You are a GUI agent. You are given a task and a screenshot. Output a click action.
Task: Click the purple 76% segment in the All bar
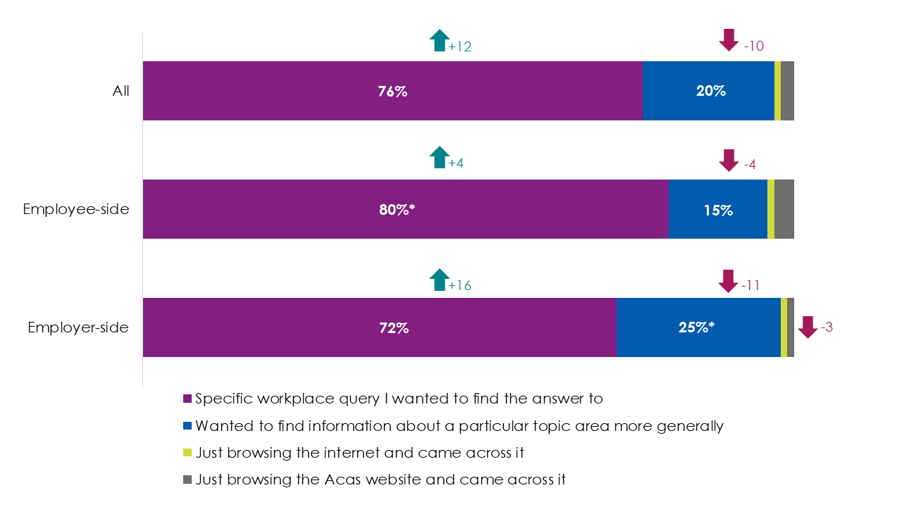click(x=392, y=91)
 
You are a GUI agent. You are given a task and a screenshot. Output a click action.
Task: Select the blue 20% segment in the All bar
click(x=708, y=91)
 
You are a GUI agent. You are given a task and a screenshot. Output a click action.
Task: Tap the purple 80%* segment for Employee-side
click(x=405, y=209)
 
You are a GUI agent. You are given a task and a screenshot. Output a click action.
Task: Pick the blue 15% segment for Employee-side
click(x=717, y=209)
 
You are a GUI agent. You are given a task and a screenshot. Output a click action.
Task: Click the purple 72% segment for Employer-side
click(x=379, y=327)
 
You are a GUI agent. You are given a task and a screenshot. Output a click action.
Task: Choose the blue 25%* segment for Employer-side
click(x=698, y=327)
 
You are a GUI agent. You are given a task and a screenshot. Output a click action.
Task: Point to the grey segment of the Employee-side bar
click(x=784, y=209)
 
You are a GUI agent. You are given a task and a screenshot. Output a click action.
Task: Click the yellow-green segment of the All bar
click(x=777, y=91)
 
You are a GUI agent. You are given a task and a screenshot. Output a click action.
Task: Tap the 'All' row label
click(x=121, y=91)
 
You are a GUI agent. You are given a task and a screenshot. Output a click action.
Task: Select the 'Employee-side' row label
click(x=76, y=209)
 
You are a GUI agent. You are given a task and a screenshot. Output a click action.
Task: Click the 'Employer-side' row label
click(x=78, y=327)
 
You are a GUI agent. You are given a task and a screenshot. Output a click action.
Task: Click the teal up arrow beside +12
click(x=439, y=41)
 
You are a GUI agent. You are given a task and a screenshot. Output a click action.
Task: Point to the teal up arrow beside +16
click(x=439, y=280)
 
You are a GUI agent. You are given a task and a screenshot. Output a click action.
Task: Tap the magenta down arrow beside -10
click(x=729, y=40)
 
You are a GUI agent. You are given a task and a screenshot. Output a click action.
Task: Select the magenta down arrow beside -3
click(x=808, y=327)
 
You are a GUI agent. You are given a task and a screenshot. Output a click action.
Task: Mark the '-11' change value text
click(x=750, y=285)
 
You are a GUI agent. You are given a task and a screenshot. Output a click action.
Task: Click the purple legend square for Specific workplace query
click(x=187, y=399)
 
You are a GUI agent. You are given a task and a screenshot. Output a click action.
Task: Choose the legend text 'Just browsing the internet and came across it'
click(x=359, y=453)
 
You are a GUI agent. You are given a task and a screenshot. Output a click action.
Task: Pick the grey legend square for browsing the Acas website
click(x=187, y=480)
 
